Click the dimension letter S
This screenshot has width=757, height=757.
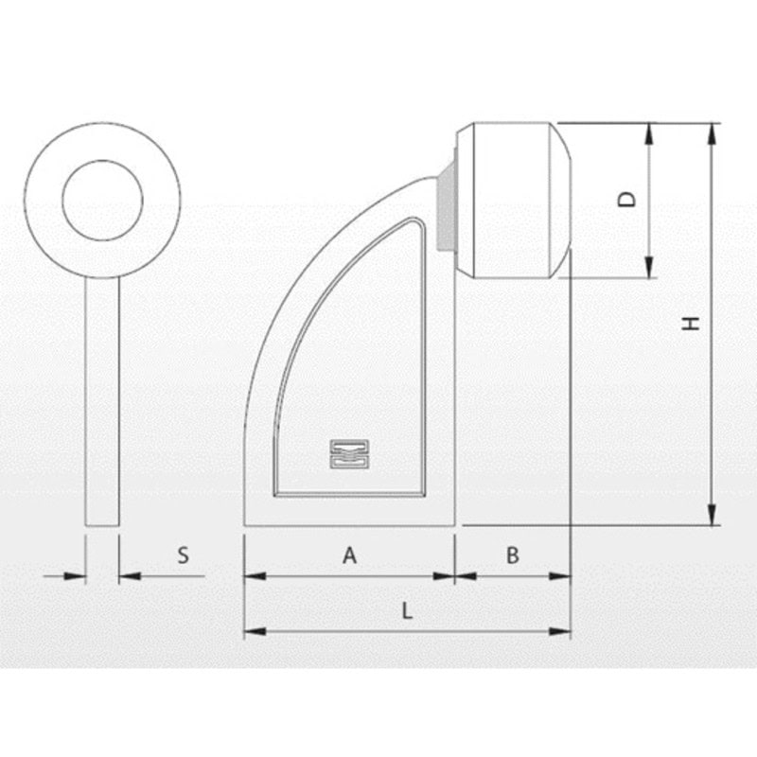coord(183,555)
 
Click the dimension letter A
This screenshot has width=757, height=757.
coord(349,555)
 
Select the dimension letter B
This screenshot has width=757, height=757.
coord(513,555)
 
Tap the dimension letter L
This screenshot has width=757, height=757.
coord(408,611)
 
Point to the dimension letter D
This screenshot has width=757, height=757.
coord(627,200)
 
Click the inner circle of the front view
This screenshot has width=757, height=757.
coord(102,160)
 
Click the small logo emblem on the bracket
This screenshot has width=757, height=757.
coord(349,454)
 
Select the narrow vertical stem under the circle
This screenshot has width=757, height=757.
coord(102,401)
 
